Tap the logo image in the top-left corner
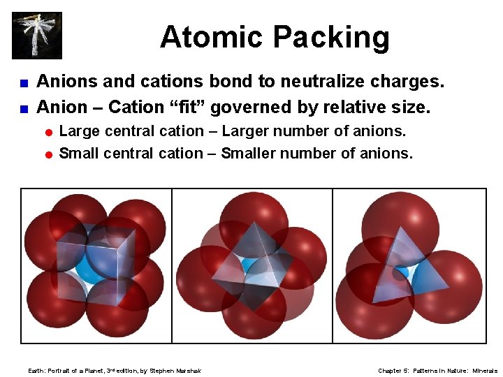[x=37, y=35]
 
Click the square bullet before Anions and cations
[x=24, y=83]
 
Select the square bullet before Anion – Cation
[x=24, y=108]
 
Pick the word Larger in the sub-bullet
[x=253, y=131]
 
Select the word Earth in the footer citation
[x=36, y=371]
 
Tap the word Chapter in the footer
[x=389, y=371]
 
